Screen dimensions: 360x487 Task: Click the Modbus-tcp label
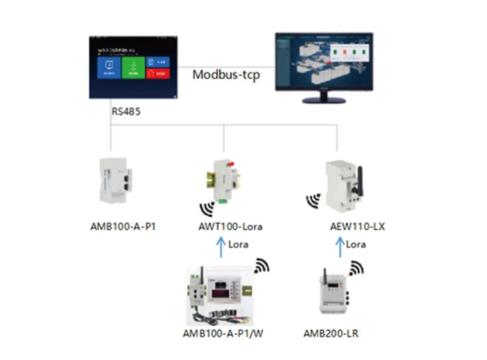coord(226,75)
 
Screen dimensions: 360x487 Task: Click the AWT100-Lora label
coord(230,227)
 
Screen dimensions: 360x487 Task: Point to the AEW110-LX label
coord(357,227)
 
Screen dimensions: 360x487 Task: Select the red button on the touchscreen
coord(158,74)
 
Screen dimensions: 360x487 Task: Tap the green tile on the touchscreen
coord(133,68)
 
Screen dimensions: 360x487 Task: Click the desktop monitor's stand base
coord(324,100)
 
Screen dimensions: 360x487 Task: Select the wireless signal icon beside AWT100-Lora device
coord(207,208)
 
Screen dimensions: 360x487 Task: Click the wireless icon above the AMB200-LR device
coord(356,267)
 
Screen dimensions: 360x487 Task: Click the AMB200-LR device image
coord(333,294)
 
